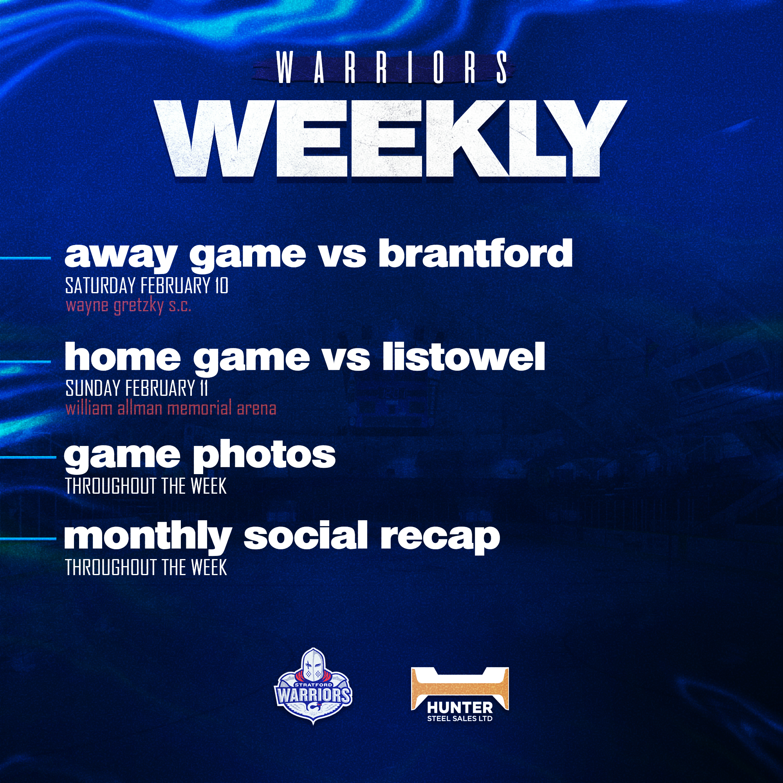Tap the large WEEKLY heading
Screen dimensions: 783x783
pos(391,139)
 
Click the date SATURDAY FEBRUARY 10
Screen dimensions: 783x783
pos(147,286)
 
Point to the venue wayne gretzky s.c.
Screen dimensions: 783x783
pos(128,306)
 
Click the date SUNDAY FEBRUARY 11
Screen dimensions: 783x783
pos(137,388)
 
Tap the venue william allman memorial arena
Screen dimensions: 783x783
pos(171,408)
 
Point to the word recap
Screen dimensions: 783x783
pos(440,538)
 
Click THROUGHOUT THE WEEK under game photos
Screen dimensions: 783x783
pos(146,486)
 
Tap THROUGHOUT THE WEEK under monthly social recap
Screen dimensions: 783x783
pos(146,567)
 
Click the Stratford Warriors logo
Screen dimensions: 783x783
pos(313,685)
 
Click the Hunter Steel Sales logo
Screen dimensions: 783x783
pos(460,694)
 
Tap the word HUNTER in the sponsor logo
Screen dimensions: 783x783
pos(460,708)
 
